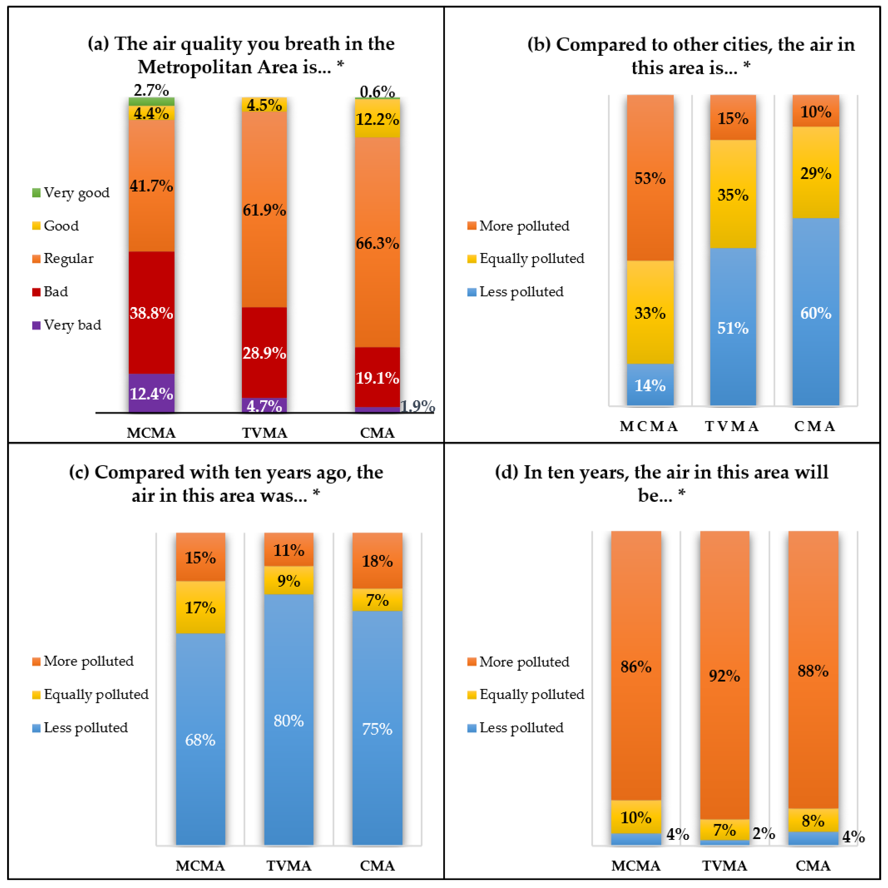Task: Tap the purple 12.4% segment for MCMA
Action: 151,393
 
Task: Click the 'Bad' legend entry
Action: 50,291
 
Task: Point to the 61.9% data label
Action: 264,210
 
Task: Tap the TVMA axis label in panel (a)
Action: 265,433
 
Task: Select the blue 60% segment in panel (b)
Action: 816,312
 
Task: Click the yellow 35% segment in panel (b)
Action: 733,194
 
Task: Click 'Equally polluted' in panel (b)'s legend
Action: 526,258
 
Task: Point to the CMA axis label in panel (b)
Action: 815,426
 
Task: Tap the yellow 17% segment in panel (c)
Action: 200,607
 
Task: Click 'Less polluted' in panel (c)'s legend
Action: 80,727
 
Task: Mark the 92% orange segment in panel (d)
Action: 724,675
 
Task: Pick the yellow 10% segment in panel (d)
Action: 636,817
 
